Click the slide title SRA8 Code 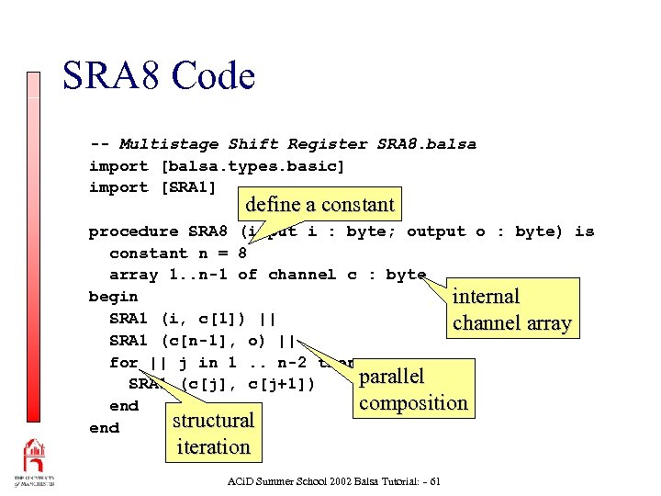(158, 75)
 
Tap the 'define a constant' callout (319, 205)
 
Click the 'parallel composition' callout (412, 389)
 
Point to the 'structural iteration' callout (213, 434)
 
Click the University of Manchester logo (34, 463)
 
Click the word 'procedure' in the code (133, 231)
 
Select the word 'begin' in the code (113, 297)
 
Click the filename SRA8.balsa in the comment (426, 144)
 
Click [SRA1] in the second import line (188, 187)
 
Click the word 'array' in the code (133, 275)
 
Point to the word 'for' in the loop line (123, 362)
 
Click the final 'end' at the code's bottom (104, 428)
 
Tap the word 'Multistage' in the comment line (169, 144)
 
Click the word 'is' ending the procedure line (584, 231)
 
